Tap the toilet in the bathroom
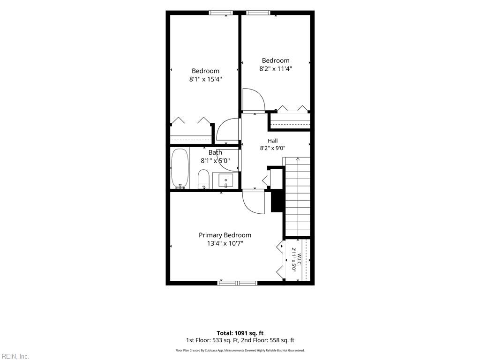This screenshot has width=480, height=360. point(203,179)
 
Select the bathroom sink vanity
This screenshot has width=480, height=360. point(226,180)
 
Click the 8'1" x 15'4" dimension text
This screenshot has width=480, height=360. point(205,79)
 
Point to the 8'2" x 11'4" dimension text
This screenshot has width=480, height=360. point(276,69)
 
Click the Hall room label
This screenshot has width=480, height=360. point(273,141)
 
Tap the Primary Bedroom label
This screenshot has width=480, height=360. point(225,235)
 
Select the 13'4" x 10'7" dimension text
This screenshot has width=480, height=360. point(225,244)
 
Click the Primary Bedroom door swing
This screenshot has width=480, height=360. point(253,202)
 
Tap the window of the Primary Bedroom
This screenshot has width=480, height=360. point(238,283)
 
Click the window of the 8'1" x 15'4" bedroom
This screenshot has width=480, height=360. point(221,13)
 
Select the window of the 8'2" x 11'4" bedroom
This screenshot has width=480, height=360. point(258,13)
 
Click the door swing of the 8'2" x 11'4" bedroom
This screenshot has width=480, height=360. point(253,100)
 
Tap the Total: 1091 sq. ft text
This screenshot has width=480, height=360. point(240,333)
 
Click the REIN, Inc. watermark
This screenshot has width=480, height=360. point(15,357)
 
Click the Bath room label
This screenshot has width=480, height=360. point(215,152)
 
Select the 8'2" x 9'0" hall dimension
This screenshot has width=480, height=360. point(273,148)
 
